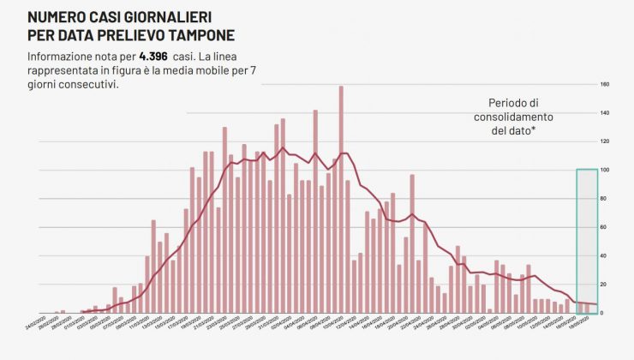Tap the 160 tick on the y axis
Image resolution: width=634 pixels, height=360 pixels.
604,85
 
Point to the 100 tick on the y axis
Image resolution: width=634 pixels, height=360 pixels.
604,170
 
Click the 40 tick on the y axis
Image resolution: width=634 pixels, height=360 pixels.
604,255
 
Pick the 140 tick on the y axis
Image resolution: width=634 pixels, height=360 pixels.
604,113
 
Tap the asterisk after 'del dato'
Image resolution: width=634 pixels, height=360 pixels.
534,130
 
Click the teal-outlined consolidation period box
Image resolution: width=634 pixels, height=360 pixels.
587,240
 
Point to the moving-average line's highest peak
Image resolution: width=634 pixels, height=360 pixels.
283,147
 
